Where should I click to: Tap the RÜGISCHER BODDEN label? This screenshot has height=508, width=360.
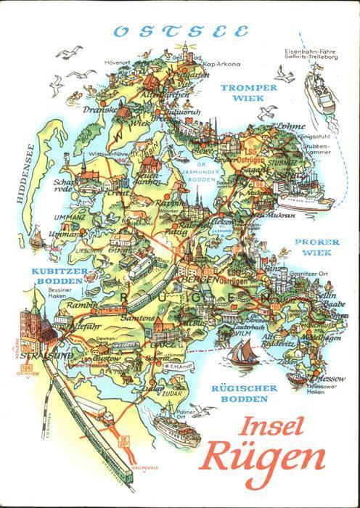[x=245, y=395]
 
